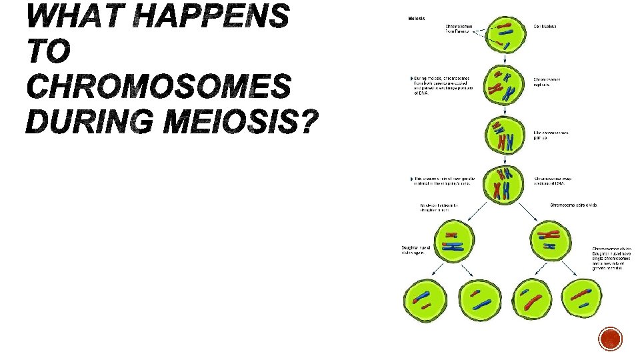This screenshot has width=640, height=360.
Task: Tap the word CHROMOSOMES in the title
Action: (159, 87)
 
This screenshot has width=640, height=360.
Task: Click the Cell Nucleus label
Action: (545, 27)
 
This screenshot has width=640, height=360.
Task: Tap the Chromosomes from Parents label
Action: (459, 29)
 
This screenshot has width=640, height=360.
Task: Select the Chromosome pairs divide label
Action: (574, 205)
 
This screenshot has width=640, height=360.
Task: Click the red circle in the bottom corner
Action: (611, 339)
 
